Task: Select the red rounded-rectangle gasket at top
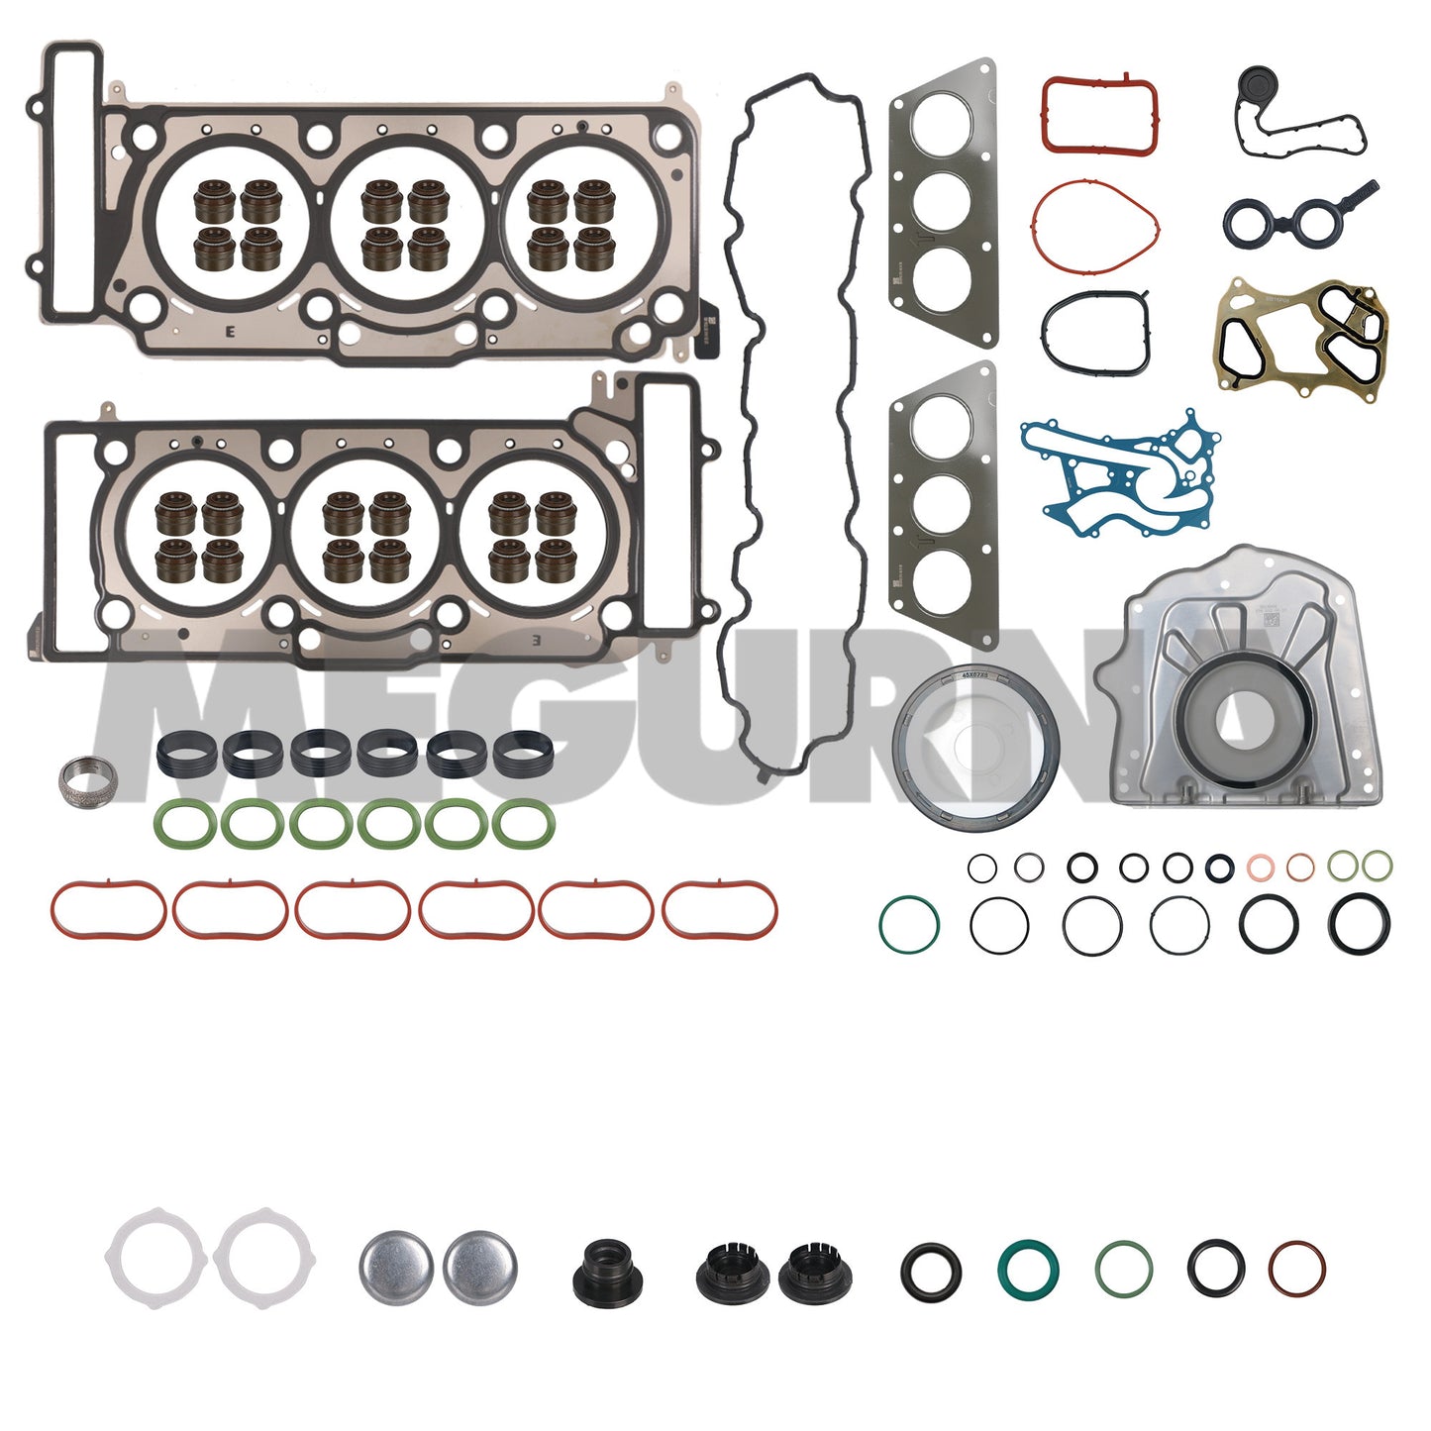tap(1099, 115)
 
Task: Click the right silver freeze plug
tap(479, 1267)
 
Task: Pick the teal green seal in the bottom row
tap(1027, 1269)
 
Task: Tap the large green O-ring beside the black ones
tap(908, 924)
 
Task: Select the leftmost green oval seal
tap(183, 824)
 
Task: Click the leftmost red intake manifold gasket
tap(108, 909)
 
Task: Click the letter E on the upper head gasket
tap(231, 333)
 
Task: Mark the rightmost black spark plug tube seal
tap(522, 755)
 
